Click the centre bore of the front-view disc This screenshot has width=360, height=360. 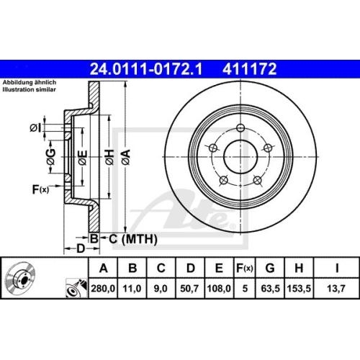pos(239,153)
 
